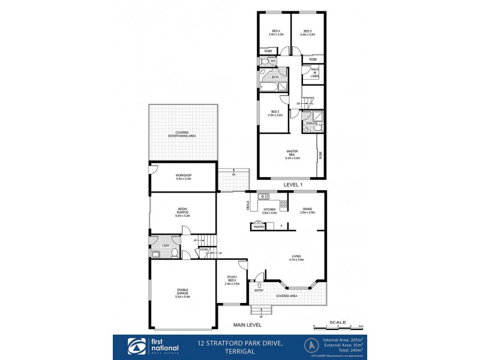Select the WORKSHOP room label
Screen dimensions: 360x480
(183, 177)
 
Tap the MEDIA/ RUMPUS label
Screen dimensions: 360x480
(183, 212)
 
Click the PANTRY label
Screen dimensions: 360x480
(259, 227)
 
